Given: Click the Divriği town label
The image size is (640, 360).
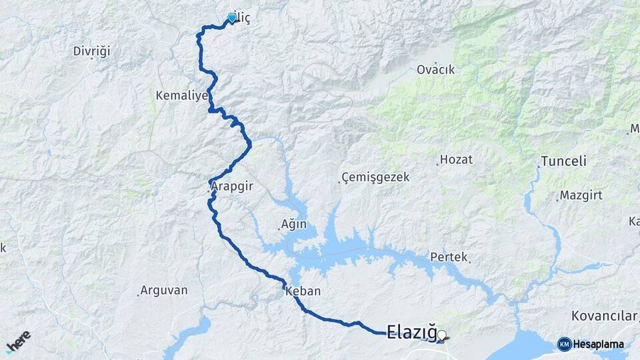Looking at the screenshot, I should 91,51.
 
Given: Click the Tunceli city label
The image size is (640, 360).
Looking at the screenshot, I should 563,161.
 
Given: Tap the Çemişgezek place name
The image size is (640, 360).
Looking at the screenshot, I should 375,177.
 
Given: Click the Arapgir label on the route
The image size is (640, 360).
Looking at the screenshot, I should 233,187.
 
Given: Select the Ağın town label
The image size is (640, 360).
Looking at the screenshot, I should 294,225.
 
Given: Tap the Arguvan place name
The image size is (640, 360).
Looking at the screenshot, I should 165,291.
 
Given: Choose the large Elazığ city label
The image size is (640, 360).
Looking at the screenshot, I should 411,331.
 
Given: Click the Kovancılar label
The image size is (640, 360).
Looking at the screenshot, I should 603,315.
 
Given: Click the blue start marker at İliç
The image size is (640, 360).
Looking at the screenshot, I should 232,18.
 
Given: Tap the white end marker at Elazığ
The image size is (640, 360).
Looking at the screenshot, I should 441,335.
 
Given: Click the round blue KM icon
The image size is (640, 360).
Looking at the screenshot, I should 564,344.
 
